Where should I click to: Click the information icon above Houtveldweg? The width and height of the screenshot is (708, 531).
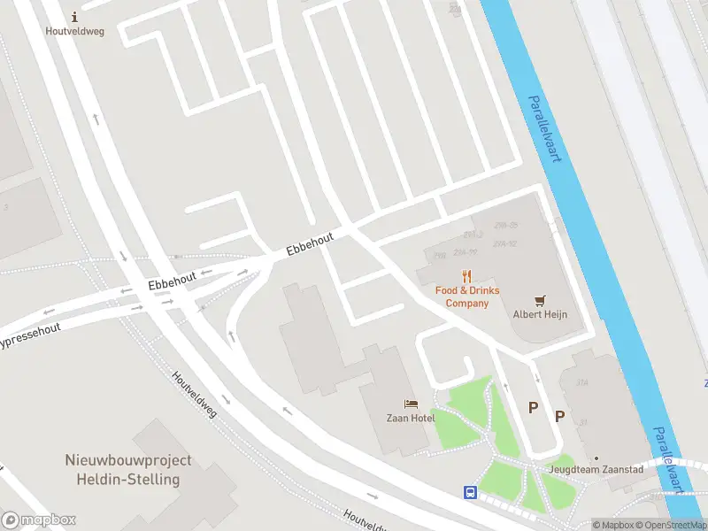pos(74,16)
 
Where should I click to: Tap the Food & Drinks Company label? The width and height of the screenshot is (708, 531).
pos(466,296)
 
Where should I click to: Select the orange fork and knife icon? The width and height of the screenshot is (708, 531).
pos(467,276)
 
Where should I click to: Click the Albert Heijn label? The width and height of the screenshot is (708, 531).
pos(540,314)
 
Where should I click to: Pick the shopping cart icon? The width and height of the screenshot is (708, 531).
pos(540,300)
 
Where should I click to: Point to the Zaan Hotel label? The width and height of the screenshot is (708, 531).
pos(410,418)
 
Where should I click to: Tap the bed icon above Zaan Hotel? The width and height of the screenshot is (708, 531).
pos(410,404)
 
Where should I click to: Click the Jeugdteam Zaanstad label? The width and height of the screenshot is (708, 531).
pos(596,470)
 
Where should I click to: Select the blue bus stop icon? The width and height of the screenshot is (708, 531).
pos(471,492)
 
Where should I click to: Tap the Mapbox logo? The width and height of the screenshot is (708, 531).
pos(38,520)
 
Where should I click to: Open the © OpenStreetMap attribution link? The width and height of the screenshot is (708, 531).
pos(670,525)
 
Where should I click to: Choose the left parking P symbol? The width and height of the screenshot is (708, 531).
pos(533,407)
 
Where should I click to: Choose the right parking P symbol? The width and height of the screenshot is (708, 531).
pos(559,416)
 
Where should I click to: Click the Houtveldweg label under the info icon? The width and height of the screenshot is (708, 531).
pos(74,30)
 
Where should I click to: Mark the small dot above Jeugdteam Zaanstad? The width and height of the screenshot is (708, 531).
pos(596,458)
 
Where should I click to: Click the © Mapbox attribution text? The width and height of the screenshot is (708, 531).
pos(612,525)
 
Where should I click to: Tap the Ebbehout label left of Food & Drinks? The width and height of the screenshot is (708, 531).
pos(310,245)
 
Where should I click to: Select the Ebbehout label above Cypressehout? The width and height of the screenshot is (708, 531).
pos(172,281)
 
